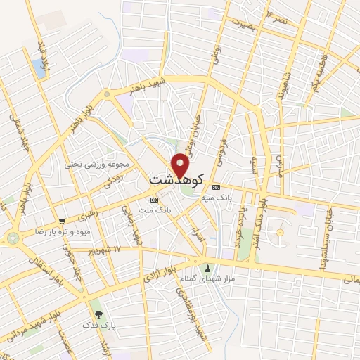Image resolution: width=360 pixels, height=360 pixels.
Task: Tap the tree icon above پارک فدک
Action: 98,314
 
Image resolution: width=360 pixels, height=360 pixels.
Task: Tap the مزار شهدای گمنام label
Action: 207,279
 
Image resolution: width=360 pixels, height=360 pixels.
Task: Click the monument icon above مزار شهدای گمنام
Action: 207,267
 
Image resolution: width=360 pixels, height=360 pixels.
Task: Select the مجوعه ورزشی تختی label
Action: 98,164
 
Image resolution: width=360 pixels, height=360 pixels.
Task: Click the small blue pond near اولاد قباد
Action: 38,68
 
